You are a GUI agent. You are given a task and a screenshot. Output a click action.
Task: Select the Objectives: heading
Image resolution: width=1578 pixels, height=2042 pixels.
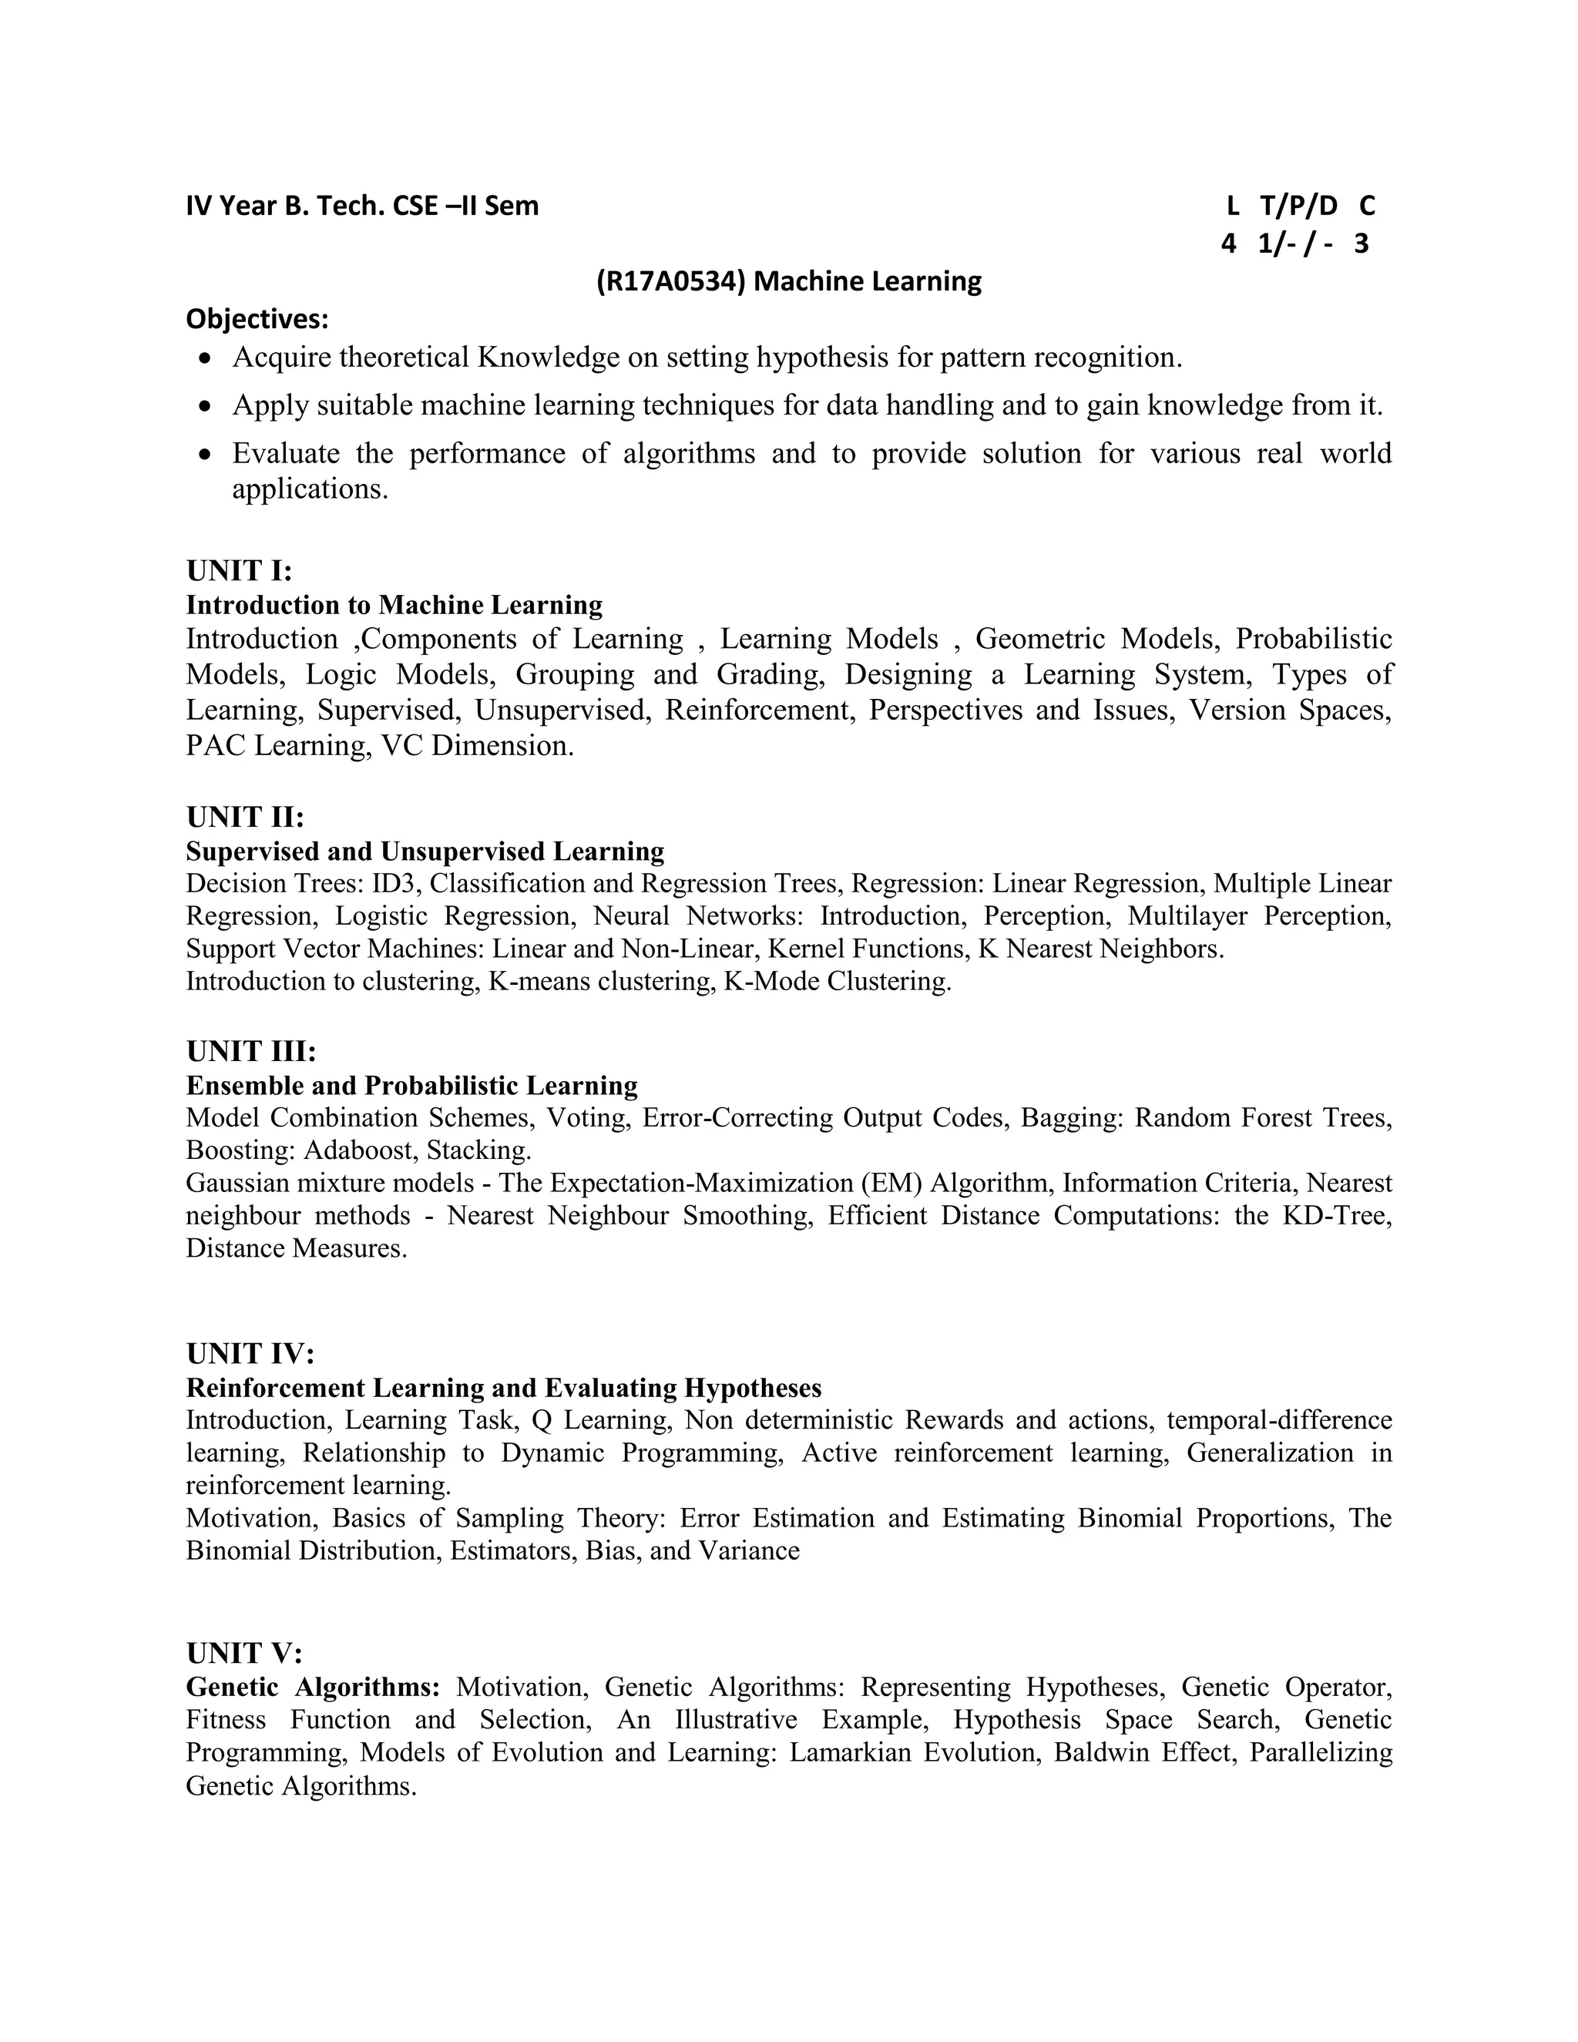coord(257,319)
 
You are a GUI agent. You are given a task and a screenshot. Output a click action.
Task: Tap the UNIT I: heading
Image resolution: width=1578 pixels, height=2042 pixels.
coord(240,570)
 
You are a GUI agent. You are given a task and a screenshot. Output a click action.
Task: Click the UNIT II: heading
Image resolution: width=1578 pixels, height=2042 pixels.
coord(245,817)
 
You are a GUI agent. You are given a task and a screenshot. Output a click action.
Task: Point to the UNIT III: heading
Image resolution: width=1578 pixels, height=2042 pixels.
coord(250,1051)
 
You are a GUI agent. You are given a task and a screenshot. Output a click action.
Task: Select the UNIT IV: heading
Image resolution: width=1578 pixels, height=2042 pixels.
coord(250,1353)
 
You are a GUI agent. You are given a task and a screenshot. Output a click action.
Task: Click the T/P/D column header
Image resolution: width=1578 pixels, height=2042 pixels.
coord(1298,206)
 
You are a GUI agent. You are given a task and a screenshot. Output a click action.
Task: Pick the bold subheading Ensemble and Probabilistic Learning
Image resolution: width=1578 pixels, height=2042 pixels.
coord(411,1086)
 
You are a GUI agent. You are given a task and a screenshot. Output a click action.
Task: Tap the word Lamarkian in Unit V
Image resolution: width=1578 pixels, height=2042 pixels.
coord(850,1752)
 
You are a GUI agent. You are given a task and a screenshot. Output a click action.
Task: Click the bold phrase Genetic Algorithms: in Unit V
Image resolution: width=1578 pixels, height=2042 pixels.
coord(313,1687)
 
